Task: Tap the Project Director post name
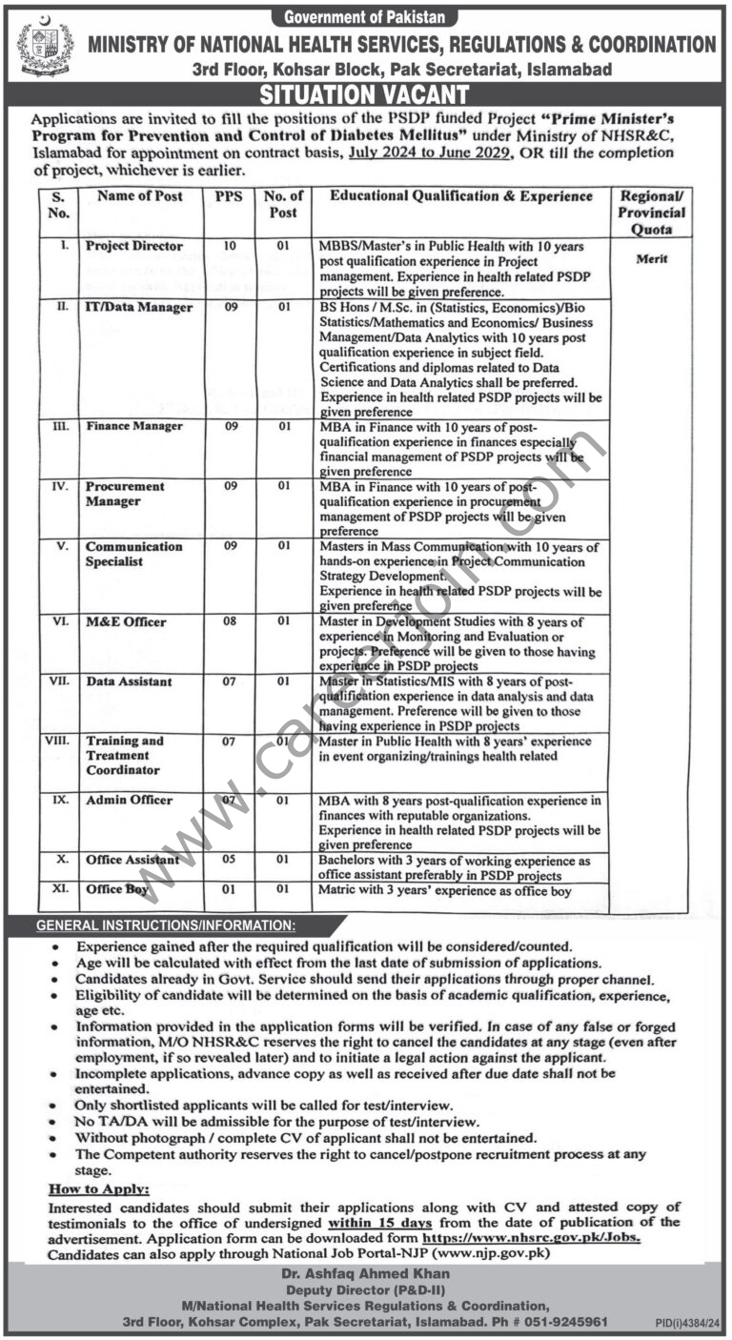click(x=134, y=246)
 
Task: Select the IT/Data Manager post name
click(x=138, y=307)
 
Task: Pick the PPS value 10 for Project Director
click(x=229, y=246)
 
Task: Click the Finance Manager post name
click(x=133, y=426)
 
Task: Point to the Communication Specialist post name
click(x=133, y=554)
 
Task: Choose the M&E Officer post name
click(x=126, y=622)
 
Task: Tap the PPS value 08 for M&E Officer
click(x=229, y=622)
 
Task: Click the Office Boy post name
click(x=117, y=889)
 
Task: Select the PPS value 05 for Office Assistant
click(x=229, y=860)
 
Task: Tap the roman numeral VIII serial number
click(x=58, y=740)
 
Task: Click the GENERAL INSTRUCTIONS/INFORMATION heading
click(x=165, y=925)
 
